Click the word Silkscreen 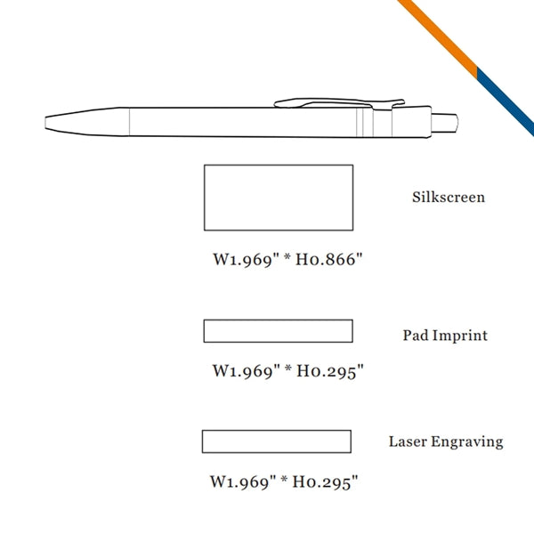(x=449, y=198)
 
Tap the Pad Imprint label (x=445, y=336)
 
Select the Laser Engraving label (x=446, y=442)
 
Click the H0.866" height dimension (x=329, y=260)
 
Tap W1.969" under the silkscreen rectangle (x=246, y=260)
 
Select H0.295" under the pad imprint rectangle (x=330, y=371)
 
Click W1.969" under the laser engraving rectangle (x=243, y=482)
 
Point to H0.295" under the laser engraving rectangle (x=325, y=482)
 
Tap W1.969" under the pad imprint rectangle (x=246, y=371)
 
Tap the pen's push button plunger (x=445, y=123)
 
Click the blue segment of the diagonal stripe (x=506, y=101)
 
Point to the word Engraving (x=467, y=442)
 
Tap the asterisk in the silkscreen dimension (x=287, y=257)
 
